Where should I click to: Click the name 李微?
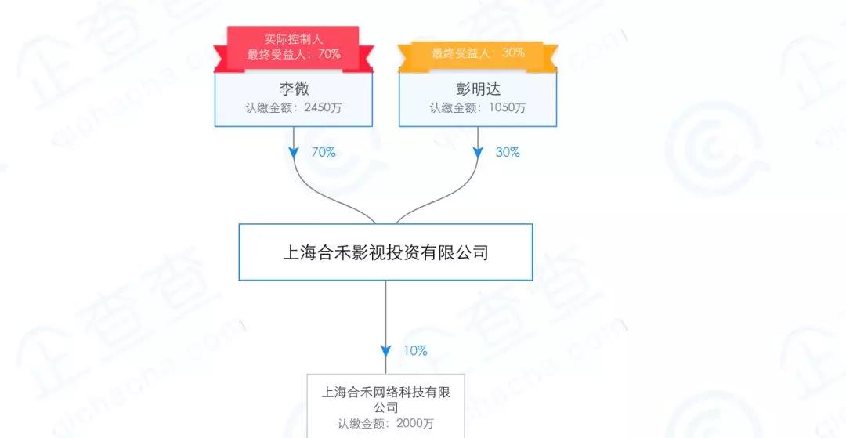point(294,89)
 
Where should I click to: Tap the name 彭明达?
point(478,89)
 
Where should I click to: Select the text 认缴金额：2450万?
point(294,108)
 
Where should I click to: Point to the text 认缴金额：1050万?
point(478,108)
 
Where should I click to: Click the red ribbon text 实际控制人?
point(294,39)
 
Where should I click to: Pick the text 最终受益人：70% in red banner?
point(294,54)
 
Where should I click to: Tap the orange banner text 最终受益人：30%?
point(478,52)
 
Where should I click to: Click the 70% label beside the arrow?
point(324,152)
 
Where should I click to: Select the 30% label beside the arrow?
point(508,152)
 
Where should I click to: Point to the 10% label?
point(415,351)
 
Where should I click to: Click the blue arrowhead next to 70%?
point(294,153)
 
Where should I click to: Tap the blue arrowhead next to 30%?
point(478,153)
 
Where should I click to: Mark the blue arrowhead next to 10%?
point(385,352)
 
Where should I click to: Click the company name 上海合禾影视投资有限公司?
point(385,252)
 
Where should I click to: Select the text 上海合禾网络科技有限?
point(385,392)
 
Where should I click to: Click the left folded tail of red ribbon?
point(221,59)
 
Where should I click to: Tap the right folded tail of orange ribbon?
point(551,58)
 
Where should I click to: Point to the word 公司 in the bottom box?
point(385,407)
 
